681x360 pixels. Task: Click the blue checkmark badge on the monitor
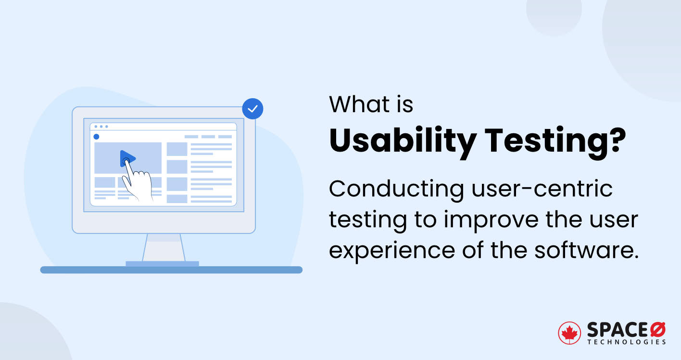point(252,109)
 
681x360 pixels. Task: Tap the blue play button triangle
point(127,158)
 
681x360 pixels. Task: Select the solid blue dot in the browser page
point(96,137)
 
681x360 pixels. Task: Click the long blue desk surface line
point(171,270)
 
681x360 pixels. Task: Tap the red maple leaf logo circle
point(569,333)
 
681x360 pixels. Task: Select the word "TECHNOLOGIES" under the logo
point(627,342)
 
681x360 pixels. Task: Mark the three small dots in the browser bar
point(101,127)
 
